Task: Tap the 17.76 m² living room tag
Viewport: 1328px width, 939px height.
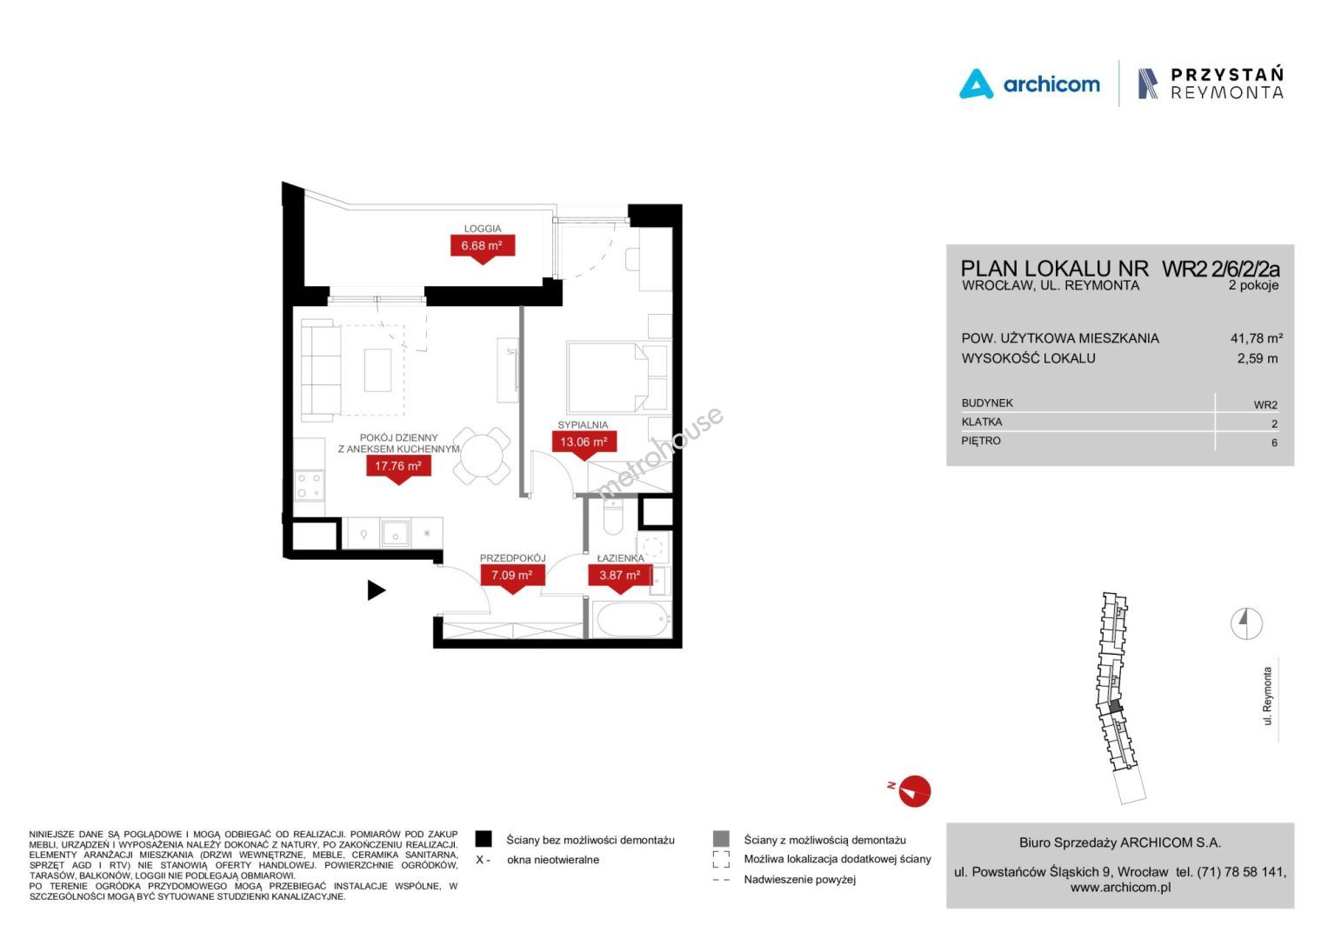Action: [x=398, y=468]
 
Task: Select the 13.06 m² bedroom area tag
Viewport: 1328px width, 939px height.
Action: [x=584, y=443]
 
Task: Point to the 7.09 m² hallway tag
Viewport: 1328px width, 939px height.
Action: [x=512, y=576]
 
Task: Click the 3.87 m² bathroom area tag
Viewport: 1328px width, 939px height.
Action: [x=620, y=576]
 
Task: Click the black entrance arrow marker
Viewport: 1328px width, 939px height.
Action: [x=377, y=590]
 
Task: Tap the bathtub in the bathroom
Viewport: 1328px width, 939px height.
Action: [x=633, y=620]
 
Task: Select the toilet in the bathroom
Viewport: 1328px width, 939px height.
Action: [x=613, y=517]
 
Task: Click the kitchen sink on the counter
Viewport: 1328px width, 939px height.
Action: [x=396, y=533]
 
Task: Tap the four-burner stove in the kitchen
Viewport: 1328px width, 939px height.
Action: [x=310, y=485]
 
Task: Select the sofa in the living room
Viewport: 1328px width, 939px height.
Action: [x=321, y=370]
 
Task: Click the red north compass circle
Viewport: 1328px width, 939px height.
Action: [x=915, y=791]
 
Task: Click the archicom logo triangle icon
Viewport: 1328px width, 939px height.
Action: [x=976, y=84]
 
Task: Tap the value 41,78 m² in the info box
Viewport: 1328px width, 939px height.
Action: [x=1257, y=338]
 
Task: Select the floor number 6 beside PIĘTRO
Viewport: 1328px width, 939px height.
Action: [x=1274, y=443]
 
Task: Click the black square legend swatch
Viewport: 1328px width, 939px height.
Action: [x=484, y=839]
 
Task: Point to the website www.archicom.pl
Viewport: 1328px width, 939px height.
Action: [x=1120, y=888]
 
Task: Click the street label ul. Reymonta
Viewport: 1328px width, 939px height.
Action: [x=1267, y=696]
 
